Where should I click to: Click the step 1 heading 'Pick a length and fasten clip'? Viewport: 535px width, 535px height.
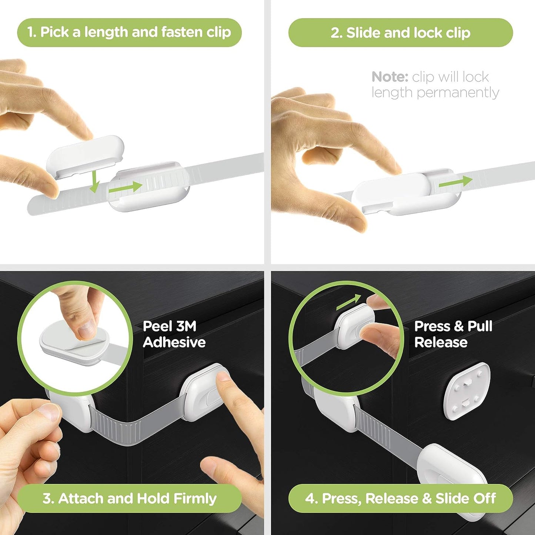[129, 33]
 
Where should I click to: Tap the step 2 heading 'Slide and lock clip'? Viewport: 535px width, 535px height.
[400, 33]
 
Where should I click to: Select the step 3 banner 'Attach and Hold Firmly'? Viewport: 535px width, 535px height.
[129, 498]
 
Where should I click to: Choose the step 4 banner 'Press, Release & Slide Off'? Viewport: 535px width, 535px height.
[400, 498]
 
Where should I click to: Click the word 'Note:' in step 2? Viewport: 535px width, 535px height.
[389, 77]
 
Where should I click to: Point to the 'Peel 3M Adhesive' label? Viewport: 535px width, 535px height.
[174, 334]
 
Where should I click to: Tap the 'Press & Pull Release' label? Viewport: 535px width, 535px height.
[453, 334]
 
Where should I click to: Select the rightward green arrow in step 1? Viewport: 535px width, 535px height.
[125, 187]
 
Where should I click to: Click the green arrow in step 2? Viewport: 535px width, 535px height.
[455, 182]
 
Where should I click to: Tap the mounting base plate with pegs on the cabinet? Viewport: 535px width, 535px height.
[467, 391]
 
